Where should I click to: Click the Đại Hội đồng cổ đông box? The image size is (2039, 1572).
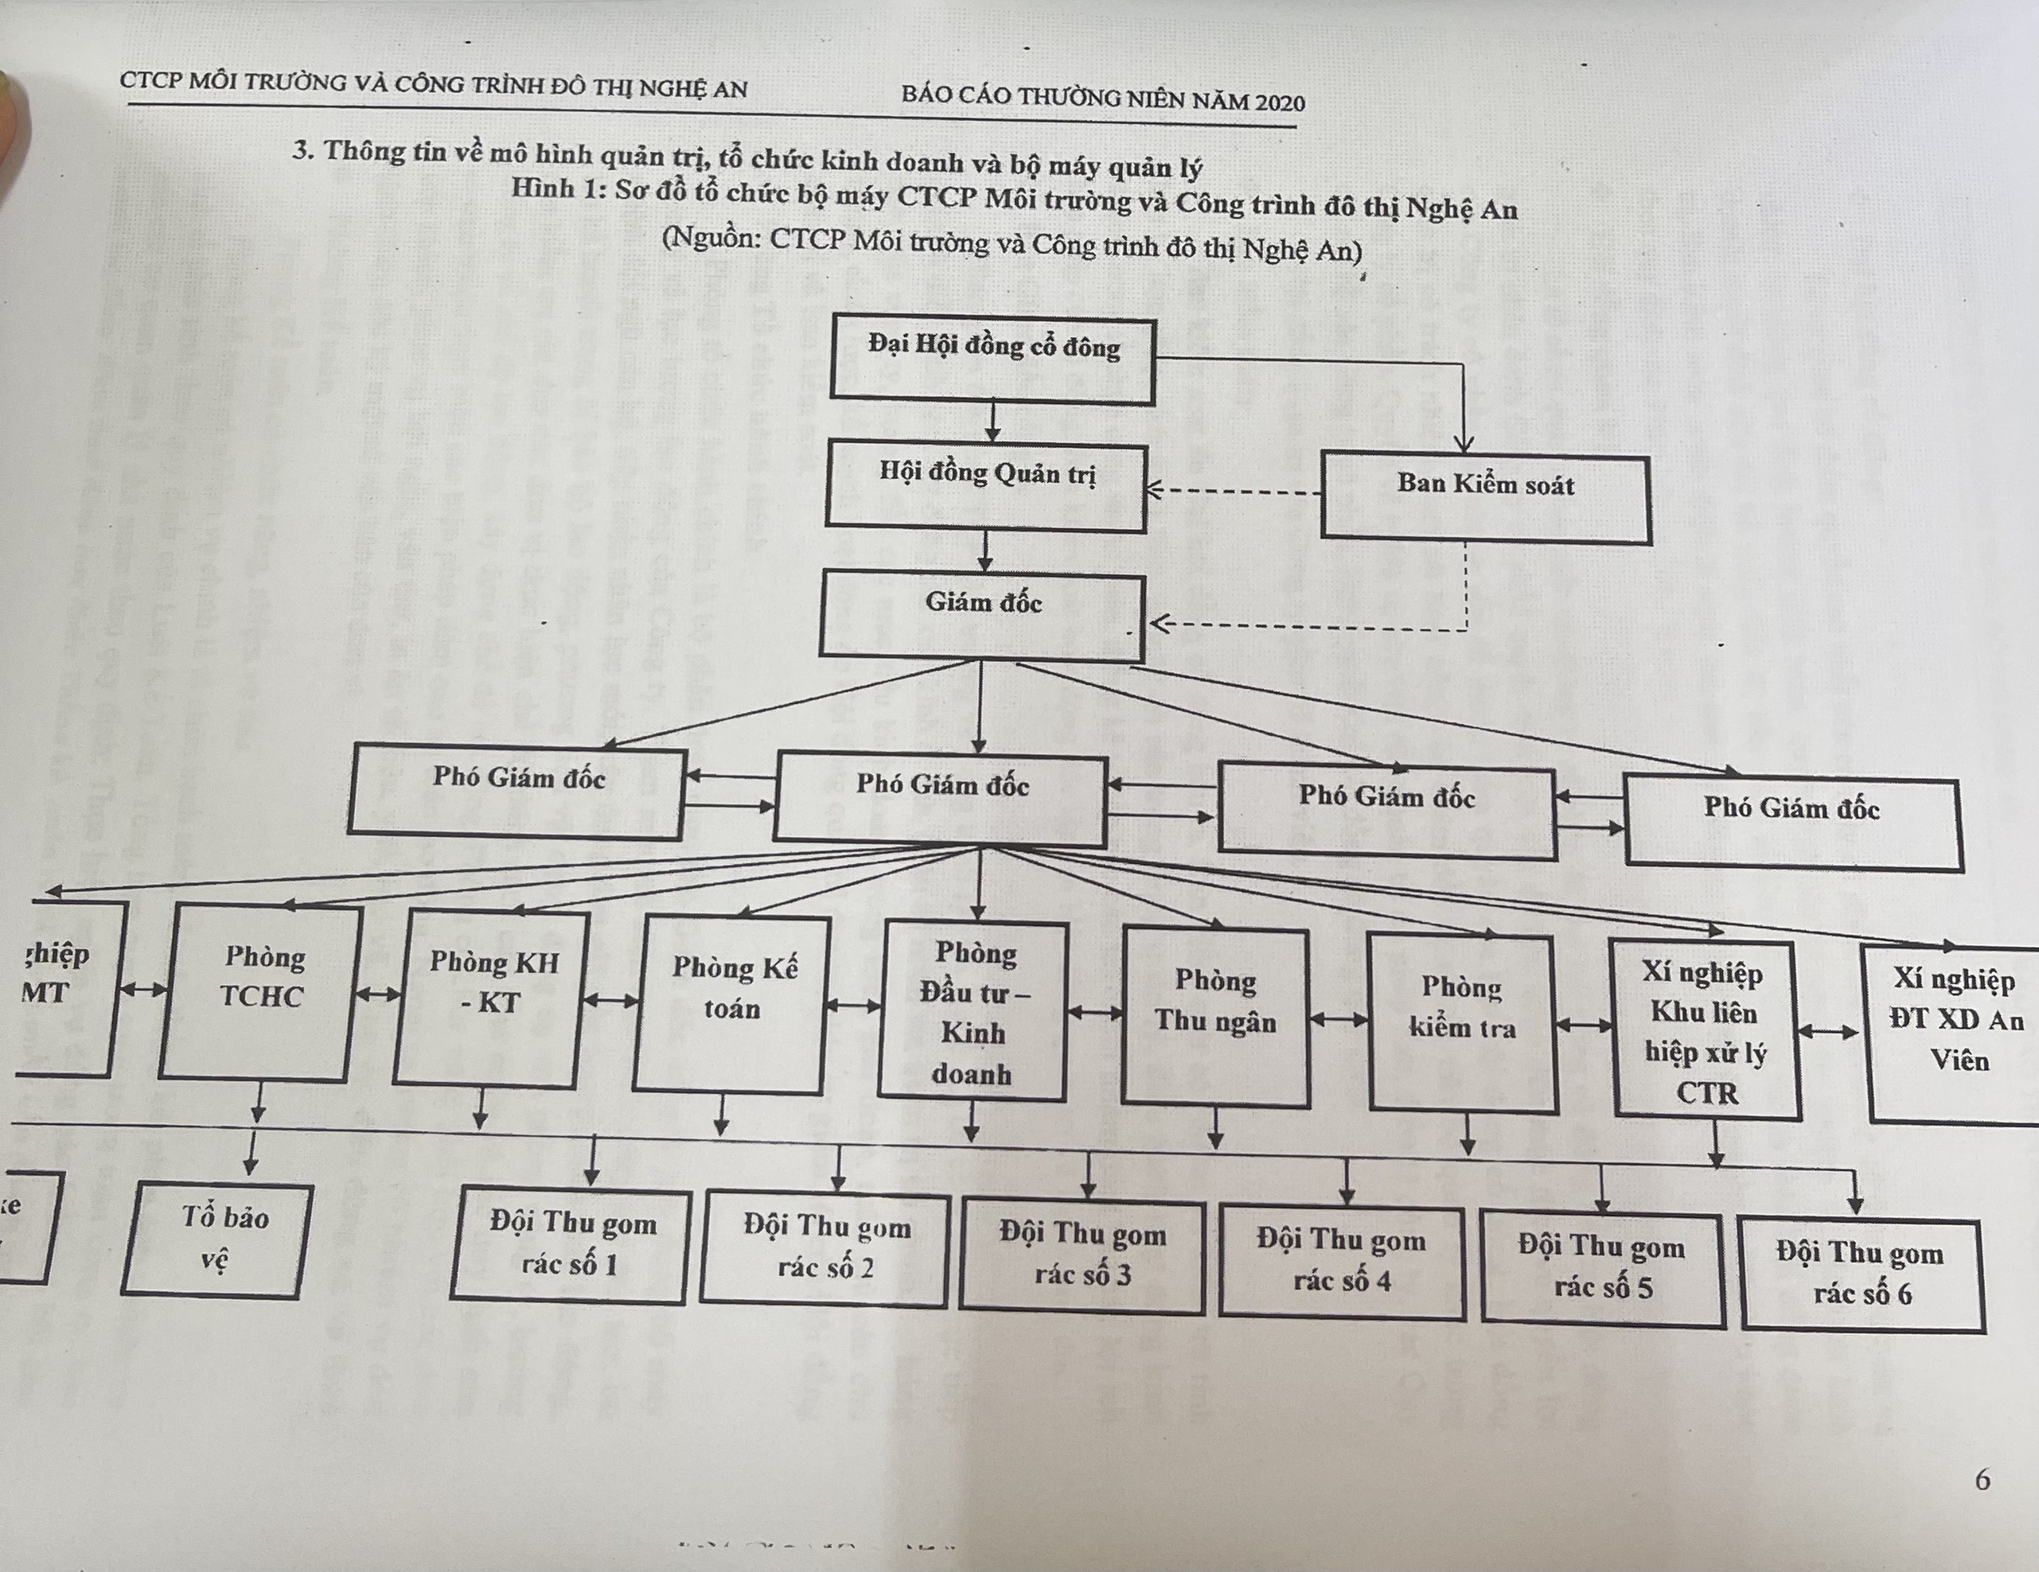point(992,360)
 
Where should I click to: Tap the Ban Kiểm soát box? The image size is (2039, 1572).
point(1485,499)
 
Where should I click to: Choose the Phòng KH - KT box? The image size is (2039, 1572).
point(492,999)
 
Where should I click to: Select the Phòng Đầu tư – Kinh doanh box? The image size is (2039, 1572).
point(973,1012)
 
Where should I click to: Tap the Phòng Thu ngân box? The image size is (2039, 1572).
point(1214,1017)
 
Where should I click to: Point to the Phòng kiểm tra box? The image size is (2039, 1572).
point(1462,1023)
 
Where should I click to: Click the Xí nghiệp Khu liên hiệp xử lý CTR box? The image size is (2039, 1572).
point(1706,1030)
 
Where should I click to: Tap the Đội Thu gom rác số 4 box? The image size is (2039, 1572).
point(1342,1262)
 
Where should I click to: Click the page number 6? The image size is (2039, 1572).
point(1983,1479)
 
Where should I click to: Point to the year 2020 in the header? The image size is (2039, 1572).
point(1280,102)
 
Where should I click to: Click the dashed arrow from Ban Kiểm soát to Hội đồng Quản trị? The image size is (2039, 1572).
point(1232,491)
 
